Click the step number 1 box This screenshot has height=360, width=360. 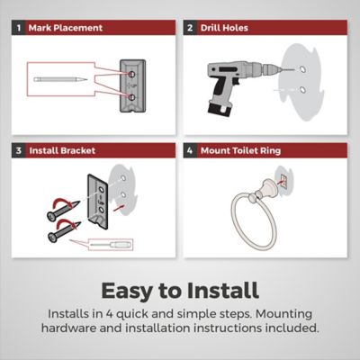tap(19, 28)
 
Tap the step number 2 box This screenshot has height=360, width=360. tap(190, 28)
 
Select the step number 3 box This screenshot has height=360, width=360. tap(19, 150)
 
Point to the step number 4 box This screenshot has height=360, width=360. tap(190, 150)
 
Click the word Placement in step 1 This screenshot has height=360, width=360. tap(78, 28)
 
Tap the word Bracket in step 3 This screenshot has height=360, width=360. tap(78, 150)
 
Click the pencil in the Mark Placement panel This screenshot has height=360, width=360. tap(60, 80)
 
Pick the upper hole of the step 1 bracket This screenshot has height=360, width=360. tap(131, 74)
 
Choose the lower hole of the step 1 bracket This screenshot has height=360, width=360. tap(131, 97)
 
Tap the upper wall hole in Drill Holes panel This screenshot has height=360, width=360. tap(302, 69)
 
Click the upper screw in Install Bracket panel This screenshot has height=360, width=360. tap(63, 211)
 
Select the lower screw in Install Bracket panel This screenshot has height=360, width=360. tap(64, 231)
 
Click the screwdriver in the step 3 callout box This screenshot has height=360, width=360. tap(111, 245)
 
